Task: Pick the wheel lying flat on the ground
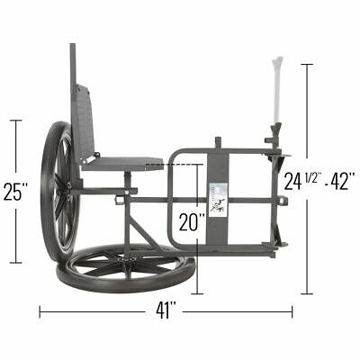[125, 263]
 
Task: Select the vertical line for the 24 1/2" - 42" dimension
[308, 243]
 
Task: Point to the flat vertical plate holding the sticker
[217, 225]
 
